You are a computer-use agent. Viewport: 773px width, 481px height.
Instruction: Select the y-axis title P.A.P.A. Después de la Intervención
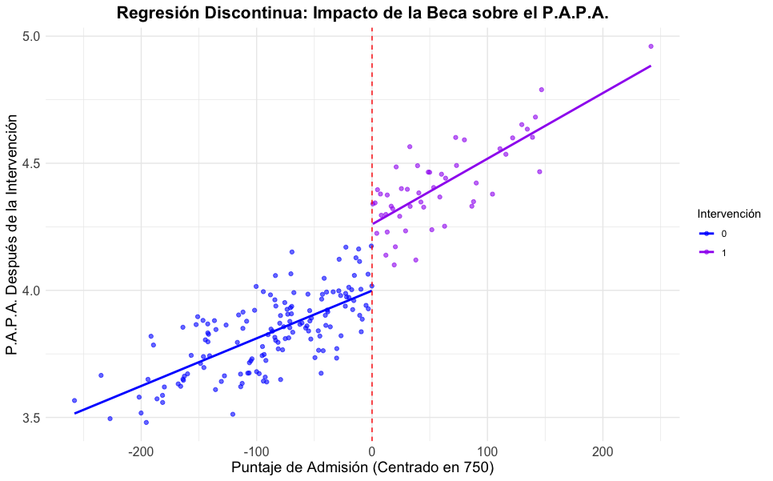(13, 234)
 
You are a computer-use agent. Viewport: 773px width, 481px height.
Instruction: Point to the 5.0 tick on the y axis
(30, 37)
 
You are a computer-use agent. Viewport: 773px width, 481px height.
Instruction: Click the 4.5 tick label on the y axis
(30, 163)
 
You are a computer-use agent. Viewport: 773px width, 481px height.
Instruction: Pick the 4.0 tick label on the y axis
(30, 291)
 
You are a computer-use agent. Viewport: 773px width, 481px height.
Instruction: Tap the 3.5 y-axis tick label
(30, 418)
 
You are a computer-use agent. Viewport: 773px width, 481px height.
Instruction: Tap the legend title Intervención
(727, 214)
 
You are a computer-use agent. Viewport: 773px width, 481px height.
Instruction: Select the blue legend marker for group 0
(706, 234)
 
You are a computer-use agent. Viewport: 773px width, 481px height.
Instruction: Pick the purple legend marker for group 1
(706, 252)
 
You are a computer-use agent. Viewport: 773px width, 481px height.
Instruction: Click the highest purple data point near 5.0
(651, 46)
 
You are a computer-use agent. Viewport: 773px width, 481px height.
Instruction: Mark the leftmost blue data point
(74, 400)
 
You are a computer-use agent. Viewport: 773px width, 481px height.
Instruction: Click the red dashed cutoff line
(372, 120)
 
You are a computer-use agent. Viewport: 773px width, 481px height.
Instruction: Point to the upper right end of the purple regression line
(650, 66)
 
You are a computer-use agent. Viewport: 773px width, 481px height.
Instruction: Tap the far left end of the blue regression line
(75, 413)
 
